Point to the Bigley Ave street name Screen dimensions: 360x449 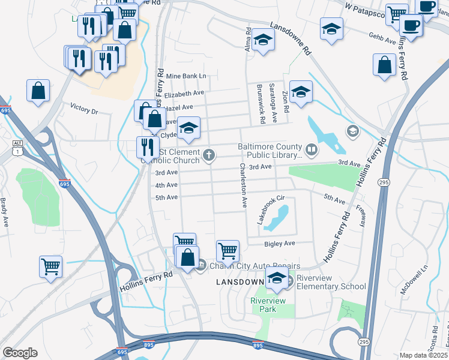280,244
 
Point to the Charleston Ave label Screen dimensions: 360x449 244,185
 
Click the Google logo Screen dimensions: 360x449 20,353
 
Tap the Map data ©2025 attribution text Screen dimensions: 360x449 423,355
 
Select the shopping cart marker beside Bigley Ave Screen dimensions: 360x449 228,250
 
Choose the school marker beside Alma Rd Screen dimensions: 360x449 262,40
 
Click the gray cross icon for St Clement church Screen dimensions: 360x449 209,155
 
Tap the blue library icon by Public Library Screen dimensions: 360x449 312,149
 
